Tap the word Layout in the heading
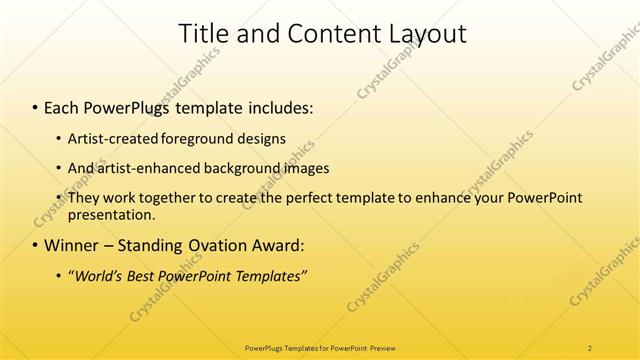pyautogui.click(x=423, y=33)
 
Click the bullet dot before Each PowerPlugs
pyautogui.click(x=36, y=106)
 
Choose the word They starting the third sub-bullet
pyautogui.click(x=84, y=198)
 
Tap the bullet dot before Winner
pyautogui.click(x=36, y=245)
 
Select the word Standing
pyautogui.click(x=148, y=245)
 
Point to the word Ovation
pyautogui.click(x=217, y=245)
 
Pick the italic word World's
pyautogui.click(x=100, y=275)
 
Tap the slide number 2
pyautogui.click(x=590, y=347)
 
